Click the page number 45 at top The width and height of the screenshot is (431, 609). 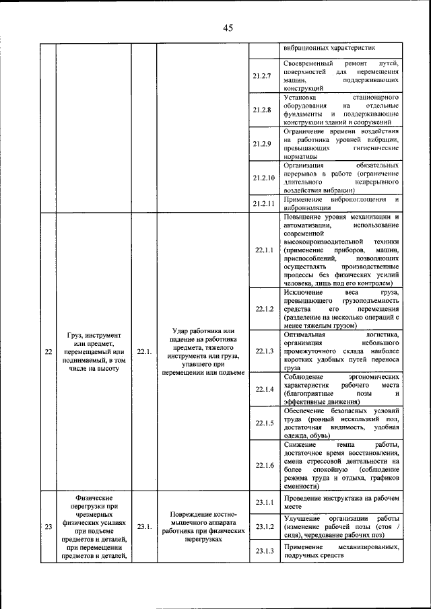click(228, 28)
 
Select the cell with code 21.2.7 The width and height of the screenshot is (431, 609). click(262, 75)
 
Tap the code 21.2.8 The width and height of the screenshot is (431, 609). click(262, 110)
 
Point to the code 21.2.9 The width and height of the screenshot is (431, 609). click(262, 143)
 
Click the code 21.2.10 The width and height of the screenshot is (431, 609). click(263, 178)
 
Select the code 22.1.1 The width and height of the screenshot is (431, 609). click(264, 250)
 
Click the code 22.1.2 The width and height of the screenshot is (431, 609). click(264, 309)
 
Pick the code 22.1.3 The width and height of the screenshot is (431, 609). click(264, 351)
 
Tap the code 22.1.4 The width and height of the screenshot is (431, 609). click(264, 389)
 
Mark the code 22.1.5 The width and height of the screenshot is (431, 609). click(264, 423)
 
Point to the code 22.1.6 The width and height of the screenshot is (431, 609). click(264, 466)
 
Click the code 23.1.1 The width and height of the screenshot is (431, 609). click(264, 502)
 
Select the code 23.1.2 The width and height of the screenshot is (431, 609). click(264, 526)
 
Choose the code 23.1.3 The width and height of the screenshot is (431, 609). click(264, 551)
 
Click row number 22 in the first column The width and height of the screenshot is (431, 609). click(46, 351)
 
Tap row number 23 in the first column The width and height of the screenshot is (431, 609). click(46, 527)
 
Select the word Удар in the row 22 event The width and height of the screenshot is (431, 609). click(174, 330)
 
